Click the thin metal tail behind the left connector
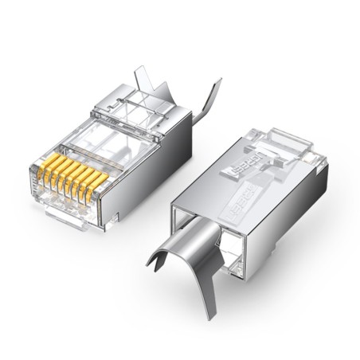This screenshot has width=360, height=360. pos(209,100)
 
